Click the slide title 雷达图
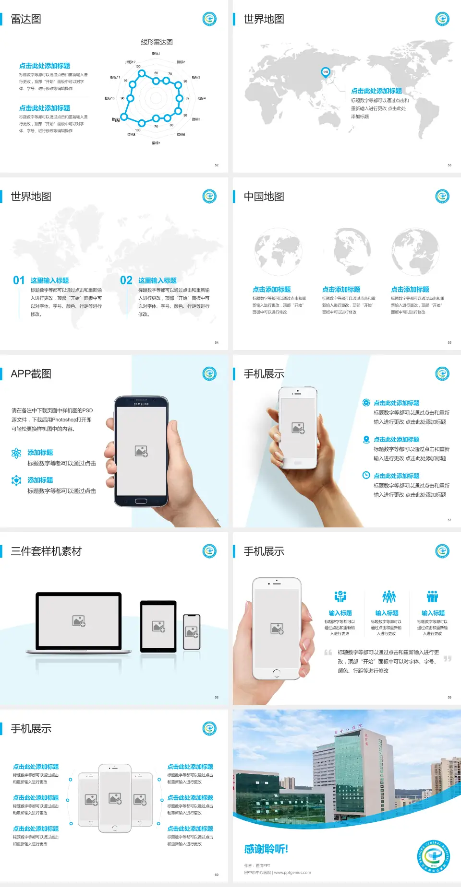[x=26, y=19]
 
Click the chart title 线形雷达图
[x=157, y=42]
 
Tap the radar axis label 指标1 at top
[x=156, y=54]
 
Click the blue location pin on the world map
[x=325, y=72]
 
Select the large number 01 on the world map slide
[x=19, y=280]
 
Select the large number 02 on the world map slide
[x=126, y=280]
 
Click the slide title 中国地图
[x=264, y=197]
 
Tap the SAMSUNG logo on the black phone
[x=141, y=404]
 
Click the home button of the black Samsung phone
[x=141, y=501]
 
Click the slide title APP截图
[x=31, y=374]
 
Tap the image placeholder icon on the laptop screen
[x=79, y=621]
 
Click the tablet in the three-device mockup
[x=158, y=626]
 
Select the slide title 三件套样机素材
[x=46, y=551]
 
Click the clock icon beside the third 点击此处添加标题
[x=366, y=475]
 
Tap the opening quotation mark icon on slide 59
[x=328, y=653]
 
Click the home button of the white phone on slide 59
[x=276, y=673]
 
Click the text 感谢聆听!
[x=266, y=849]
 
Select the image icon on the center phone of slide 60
[x=115, y=798]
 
